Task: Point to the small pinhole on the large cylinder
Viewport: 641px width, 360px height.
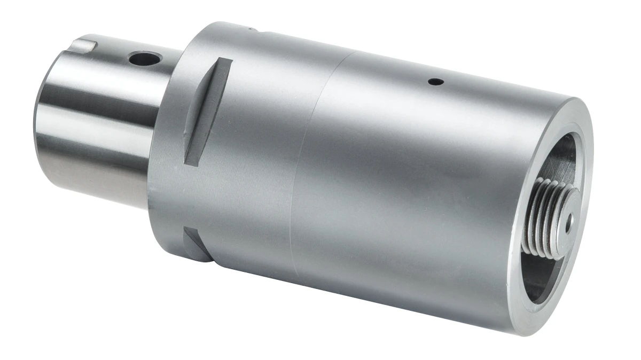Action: pos(437,82)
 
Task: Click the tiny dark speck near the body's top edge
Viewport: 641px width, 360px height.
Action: pos(249,28)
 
